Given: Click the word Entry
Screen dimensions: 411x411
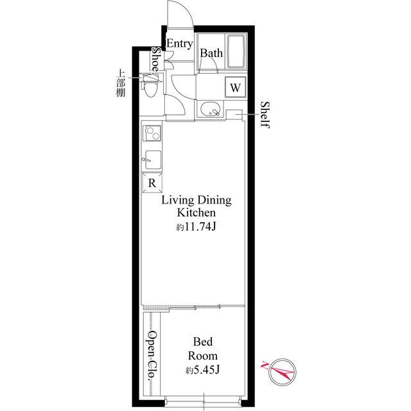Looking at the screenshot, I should pos(180,44).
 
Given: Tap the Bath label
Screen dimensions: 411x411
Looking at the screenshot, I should pos(211,53).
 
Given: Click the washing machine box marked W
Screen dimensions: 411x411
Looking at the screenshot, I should pos(235,87).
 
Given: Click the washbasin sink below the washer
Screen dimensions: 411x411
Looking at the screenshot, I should pos(210,110).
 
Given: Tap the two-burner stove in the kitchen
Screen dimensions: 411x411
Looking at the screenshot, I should pos(152,134).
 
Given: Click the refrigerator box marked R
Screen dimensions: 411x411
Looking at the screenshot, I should pos(152,183).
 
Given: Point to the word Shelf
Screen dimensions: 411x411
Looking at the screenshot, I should pos(264,114).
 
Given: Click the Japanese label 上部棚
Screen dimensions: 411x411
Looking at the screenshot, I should pos(121,83).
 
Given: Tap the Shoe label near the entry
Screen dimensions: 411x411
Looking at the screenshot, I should pos(155,60).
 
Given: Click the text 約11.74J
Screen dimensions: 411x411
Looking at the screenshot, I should pos(195,227).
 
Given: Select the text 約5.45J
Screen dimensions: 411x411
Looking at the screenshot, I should pos(202,370).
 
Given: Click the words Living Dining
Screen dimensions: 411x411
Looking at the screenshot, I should pos(196,200).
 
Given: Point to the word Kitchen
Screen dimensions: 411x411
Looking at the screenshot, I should pos(196,213).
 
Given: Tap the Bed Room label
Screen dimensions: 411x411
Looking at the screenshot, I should pos(202,349).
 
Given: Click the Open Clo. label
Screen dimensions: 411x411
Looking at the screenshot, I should pos(153,356).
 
